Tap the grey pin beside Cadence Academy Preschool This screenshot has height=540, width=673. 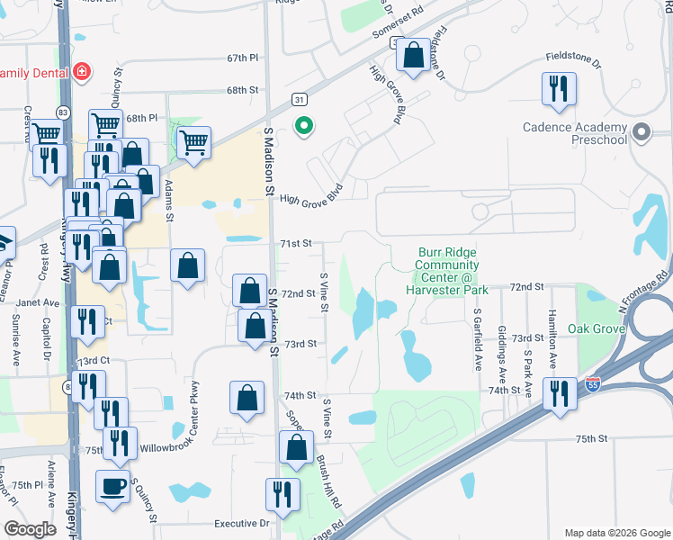pyautogui.click(x=641, y=134)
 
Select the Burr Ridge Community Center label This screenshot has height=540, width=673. pyautogui.click(x=447, y=272)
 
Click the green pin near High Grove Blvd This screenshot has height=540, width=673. pyautogui.click(x=304, y=127)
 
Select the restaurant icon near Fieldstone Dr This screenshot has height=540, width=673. pyautogui.click(x=559, y=88)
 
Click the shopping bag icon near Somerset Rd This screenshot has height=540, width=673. pyautogui.click(x=414, y=57)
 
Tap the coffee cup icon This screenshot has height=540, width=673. pyautogui.click(x=112, y=486)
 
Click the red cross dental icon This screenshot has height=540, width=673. pyautogui.click(x=81, y=71)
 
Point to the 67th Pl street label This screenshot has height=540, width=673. pyautogui.click(x=242, y=58)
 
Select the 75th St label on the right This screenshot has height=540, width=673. pyautogui.click(x=593, y=438)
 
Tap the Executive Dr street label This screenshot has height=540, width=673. pyautogui.click(x=241, y=523)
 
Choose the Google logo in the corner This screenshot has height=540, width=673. pyautogui.click(x=31, y=529)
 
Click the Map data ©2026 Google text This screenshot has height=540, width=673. pyautogui.click(x=616, y=532)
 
